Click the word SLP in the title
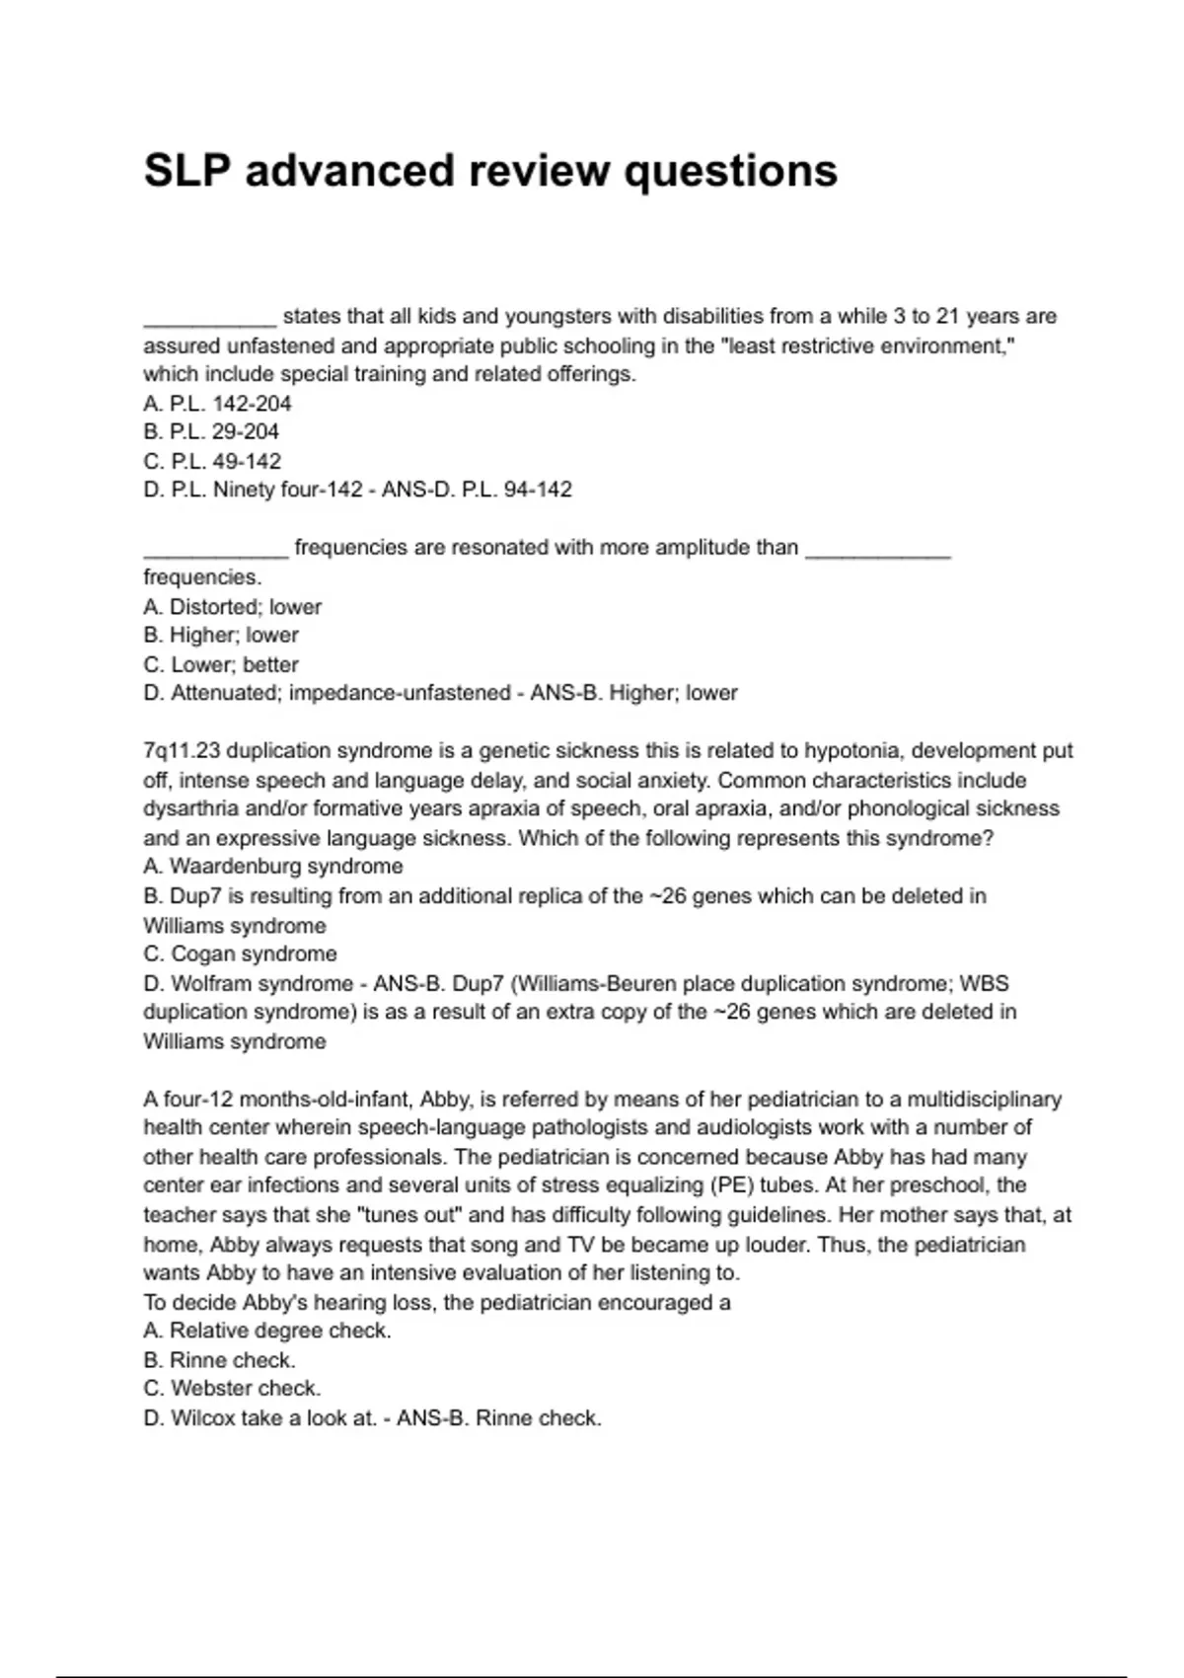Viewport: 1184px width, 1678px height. (x=187, y=171)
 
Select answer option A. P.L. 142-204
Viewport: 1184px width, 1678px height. (x=217, y=404)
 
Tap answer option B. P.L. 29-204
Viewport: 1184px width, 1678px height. (x=211, y=432)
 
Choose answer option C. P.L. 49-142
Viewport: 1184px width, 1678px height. (x=212, y=462)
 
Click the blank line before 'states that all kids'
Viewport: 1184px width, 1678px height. (x=209, y=322)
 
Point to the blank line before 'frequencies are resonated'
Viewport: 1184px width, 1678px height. (x=215, y=553)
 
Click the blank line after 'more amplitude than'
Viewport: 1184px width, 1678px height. (x=878, y=553)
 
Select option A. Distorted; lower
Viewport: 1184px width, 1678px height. (x=233, y=607)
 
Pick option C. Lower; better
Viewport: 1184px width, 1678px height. (x=221, y=665)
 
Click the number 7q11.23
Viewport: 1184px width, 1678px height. (x=182, y=751)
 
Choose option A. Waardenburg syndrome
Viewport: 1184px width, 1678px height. (x=273, y=867)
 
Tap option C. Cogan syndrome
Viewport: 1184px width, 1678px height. (x=240, y=954)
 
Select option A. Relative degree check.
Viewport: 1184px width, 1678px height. (x=267, y=1331)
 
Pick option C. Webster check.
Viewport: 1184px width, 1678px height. (x=232, y=1389)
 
